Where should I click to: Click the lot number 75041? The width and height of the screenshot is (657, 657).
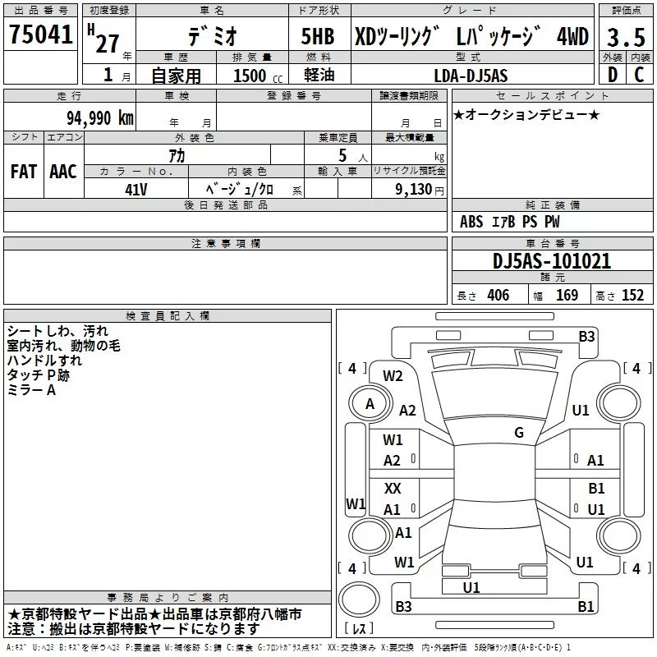click(x=41, y=34)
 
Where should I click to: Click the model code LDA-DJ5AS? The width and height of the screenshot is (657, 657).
click(x=471, y=76)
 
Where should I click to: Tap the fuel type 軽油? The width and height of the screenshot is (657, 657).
click(x=318, y=76)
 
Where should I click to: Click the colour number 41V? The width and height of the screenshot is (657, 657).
click(x=136, y=188)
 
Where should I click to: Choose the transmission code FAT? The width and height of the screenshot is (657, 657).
click(x=23, y=171)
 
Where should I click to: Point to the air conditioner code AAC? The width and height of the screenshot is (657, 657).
click(x=62, y=171)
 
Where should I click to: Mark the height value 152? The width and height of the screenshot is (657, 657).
click(x=632, y=295)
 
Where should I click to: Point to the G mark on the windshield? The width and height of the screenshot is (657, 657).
click(x=519, y=433)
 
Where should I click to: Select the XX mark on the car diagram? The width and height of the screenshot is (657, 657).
click(x=393, y=488)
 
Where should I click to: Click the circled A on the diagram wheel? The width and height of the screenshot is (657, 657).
click(x=370, y=404)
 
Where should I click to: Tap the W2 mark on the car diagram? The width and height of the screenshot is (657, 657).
click(x=393, y=376)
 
